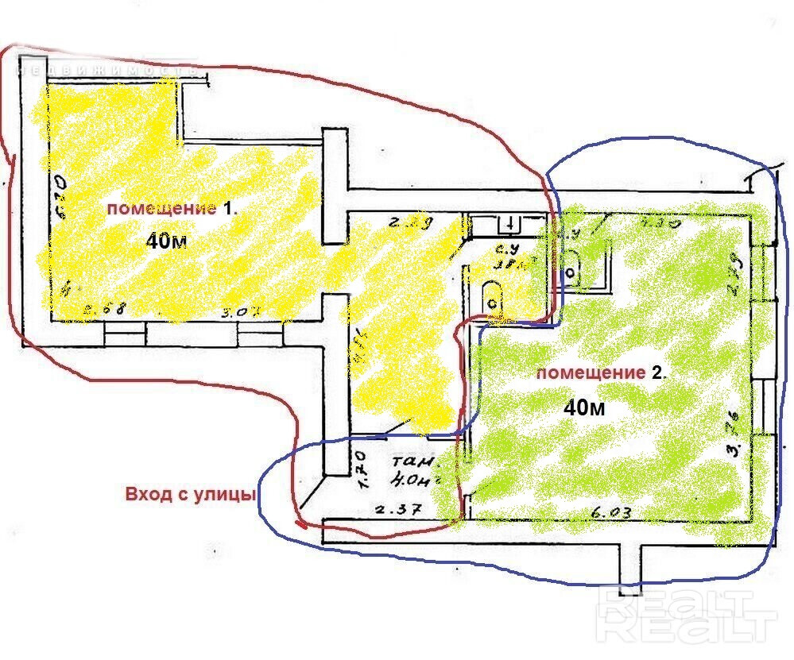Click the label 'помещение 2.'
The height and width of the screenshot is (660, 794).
tap(602, 372)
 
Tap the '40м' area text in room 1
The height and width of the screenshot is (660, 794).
tap(167, 241)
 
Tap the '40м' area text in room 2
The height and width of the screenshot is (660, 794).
tap(584, 408)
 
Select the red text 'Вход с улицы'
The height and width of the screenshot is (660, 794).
tap(190, 494)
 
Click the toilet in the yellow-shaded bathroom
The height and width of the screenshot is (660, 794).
tap(494, 299)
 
